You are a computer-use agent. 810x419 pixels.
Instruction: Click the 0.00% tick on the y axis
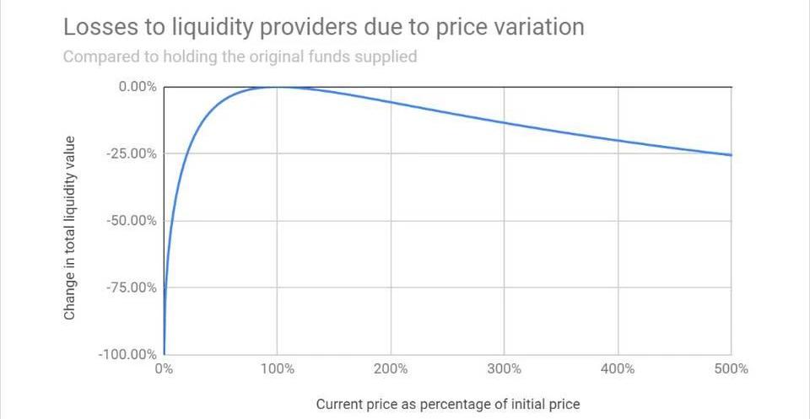tap(137, 87)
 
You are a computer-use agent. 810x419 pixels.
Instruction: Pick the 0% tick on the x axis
tap(164, 369)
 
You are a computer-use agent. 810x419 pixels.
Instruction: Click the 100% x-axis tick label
tap(278, 369)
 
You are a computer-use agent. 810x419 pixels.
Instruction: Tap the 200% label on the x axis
tap(391, 369)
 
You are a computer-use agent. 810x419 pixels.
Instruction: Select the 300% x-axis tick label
tap(505, 369)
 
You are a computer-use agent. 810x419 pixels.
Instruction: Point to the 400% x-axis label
tap(618, 369)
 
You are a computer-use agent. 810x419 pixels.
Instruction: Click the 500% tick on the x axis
tap(732, 369)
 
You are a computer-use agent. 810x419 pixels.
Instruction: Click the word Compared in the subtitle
tap(99, 57)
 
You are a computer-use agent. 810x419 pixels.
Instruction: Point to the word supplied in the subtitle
tap(386, 57)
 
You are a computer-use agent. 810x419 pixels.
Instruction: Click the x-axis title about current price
tap(448, 405)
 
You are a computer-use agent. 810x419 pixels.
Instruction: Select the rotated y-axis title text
tap(70, 228)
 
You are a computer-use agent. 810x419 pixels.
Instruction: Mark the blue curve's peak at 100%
tap(278, 87)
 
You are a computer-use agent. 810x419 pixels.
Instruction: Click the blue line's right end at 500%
tap(731, 155)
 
